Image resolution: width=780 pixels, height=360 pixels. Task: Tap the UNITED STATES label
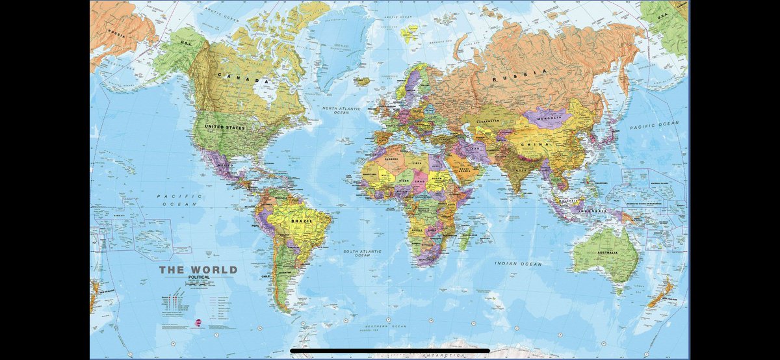224,128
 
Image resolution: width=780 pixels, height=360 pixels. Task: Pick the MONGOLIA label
548,118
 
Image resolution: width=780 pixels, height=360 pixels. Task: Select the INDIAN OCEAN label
518,264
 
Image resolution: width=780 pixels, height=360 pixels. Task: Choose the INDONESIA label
595,209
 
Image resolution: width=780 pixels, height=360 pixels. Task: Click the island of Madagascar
465,238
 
